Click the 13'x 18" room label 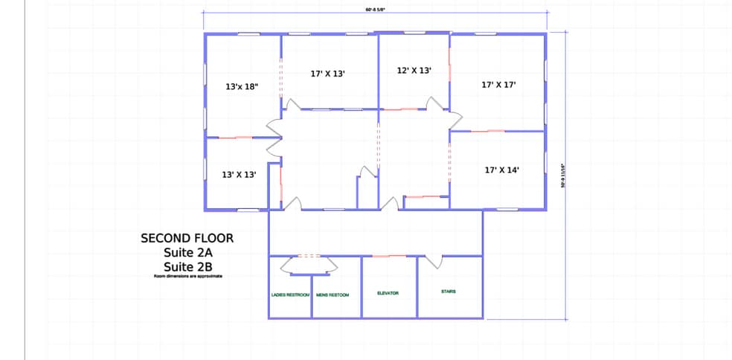242,86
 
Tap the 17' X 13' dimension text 327,74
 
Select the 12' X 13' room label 414,70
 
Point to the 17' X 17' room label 498,85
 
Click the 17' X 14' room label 501,170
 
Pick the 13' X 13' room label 240,174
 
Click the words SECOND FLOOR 187,239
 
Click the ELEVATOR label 388,293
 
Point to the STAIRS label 449,291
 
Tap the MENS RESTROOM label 333,295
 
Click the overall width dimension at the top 376,10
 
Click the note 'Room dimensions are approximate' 187,276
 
